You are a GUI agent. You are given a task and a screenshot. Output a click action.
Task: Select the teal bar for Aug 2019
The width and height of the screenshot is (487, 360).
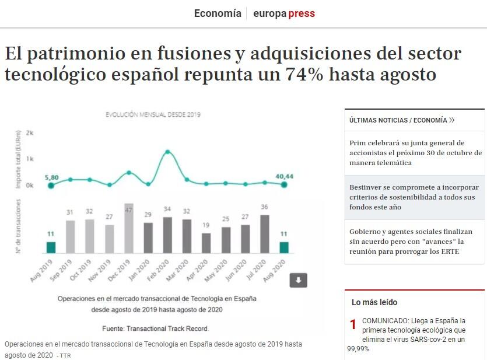51,247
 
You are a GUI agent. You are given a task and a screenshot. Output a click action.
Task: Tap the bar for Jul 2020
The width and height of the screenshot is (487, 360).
265,234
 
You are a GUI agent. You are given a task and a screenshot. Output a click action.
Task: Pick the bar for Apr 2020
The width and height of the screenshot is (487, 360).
206,243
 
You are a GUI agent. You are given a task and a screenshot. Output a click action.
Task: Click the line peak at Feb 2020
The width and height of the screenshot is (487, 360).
168,152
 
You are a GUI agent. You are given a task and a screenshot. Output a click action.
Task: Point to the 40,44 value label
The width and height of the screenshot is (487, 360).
285,176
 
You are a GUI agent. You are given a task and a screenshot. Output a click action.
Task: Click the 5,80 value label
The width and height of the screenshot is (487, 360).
51,177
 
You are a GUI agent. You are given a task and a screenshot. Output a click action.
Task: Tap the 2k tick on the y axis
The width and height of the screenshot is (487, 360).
30,134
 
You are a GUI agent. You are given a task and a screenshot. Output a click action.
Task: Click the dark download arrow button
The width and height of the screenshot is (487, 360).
299,281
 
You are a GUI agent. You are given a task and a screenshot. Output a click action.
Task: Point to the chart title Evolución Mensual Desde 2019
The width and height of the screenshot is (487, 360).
153,115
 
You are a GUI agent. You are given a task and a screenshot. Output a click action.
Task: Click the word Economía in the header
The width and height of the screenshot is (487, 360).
217,13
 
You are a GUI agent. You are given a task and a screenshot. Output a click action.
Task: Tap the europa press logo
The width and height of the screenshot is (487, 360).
284,13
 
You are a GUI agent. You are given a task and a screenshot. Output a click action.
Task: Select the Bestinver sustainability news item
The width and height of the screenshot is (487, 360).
414,197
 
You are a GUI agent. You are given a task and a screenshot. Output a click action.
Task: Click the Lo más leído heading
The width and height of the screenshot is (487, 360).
374,302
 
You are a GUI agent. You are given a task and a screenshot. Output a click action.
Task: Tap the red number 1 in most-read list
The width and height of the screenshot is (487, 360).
353,325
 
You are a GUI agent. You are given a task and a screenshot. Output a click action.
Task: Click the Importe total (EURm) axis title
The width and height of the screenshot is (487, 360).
19,159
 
